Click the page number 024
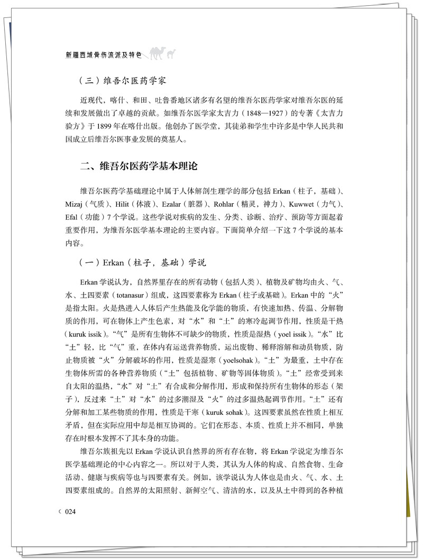(x=71, y=511)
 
